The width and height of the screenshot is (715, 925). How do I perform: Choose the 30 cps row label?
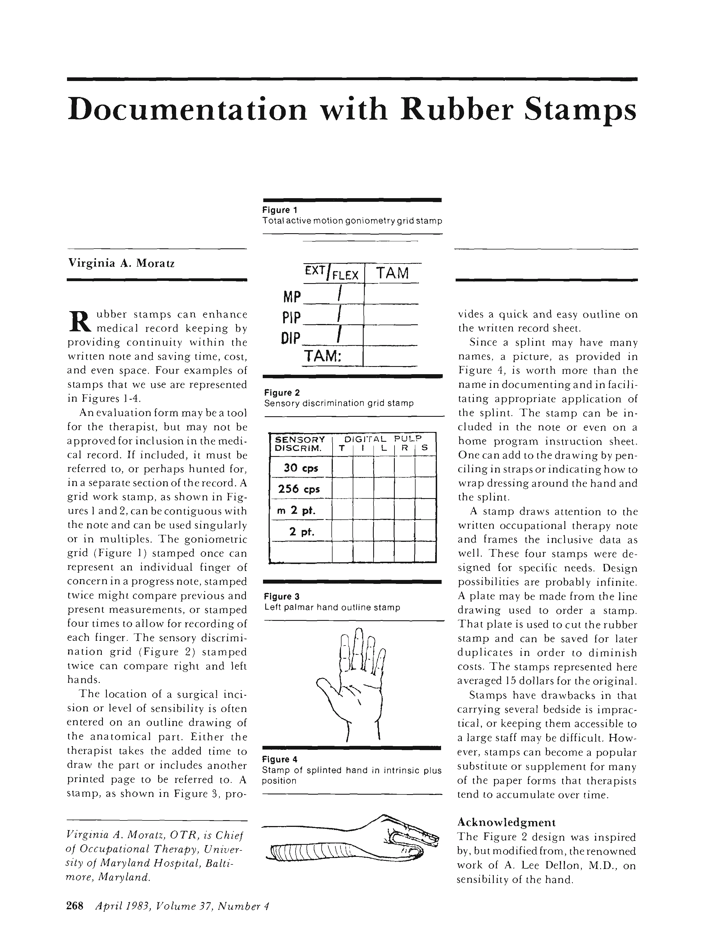coord(301,468)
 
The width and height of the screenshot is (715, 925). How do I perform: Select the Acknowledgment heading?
coord(506,822)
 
